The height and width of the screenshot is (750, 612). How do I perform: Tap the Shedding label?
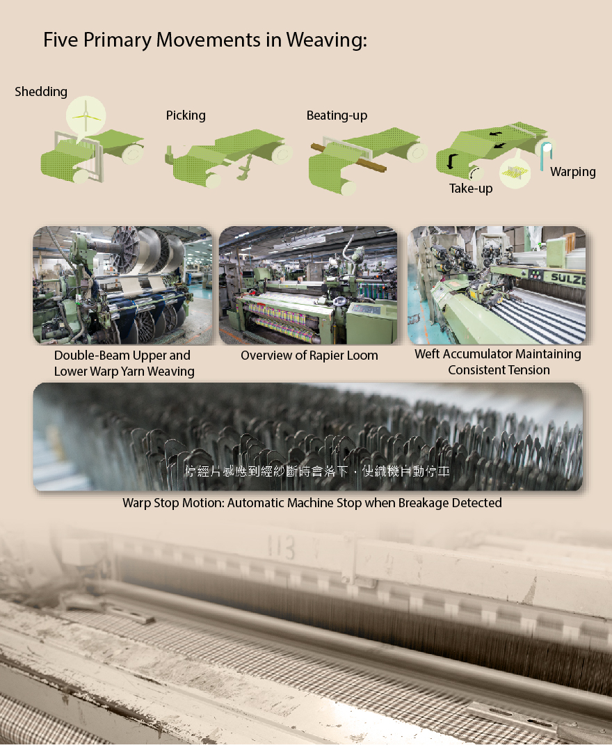point(41,92)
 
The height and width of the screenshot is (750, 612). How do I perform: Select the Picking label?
point(186,115)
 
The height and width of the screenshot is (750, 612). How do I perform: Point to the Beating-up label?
point(337,115)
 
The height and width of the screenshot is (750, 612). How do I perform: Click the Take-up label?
point(471,189)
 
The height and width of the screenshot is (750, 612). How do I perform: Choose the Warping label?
point(572,172)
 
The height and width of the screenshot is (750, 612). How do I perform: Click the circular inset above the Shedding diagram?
point(86,115)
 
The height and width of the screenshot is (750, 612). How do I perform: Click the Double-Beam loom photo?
point(122,285)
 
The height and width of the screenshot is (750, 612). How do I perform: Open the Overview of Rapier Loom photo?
point(308,285)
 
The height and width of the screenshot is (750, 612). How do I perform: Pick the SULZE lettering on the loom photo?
point(568,278)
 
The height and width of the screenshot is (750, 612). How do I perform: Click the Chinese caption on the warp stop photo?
point(317,472)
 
